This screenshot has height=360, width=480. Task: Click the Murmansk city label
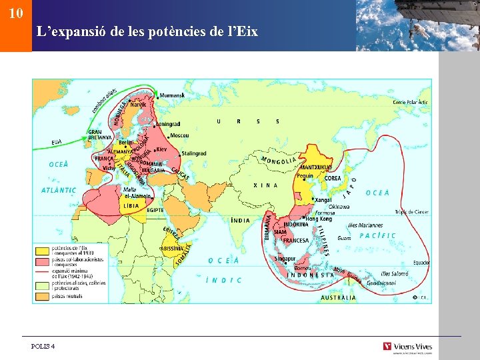(176, 97)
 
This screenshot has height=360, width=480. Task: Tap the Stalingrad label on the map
(194, 153)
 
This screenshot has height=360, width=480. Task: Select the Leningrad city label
(168, 124)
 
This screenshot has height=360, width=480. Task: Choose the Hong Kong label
(319, 219)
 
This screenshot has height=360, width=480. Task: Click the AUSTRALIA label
(339, 297)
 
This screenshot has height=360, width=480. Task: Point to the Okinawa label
(339, 207)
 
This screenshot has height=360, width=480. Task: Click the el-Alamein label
(137, 196)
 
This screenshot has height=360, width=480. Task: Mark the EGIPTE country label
(155, 210)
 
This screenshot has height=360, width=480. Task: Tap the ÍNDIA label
(241, 220)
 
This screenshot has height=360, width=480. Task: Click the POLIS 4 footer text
(43, 346)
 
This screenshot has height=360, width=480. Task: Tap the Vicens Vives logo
(407, 346)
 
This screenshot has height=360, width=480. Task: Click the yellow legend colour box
(41, 250)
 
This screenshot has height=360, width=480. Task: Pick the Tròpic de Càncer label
(411, 212)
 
